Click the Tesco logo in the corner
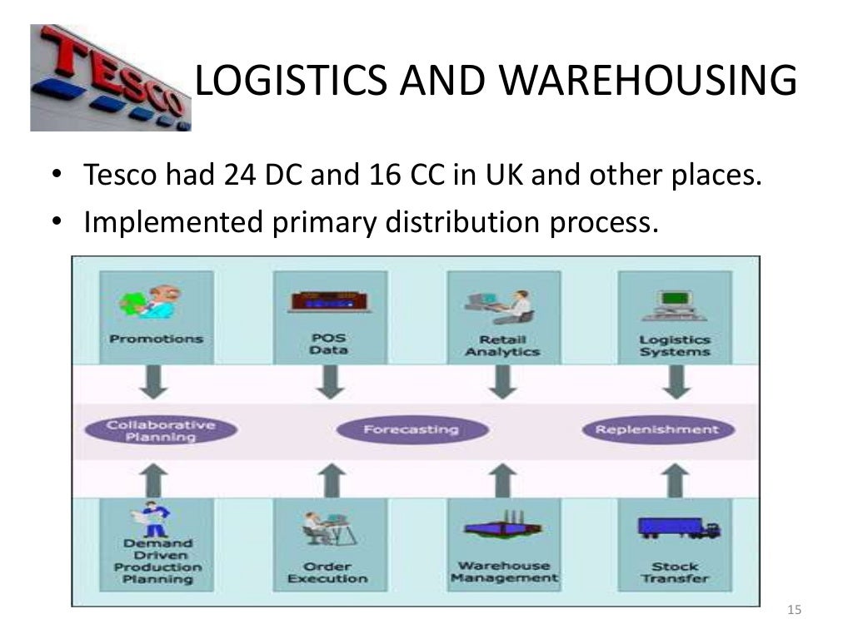111,77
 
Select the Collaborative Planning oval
161,430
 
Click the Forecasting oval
411,430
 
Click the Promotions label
156,339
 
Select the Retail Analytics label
502,345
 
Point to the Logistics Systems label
675,345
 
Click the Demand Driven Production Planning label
157,561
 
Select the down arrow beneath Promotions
156,382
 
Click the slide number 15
793,612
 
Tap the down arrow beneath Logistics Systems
674,382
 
